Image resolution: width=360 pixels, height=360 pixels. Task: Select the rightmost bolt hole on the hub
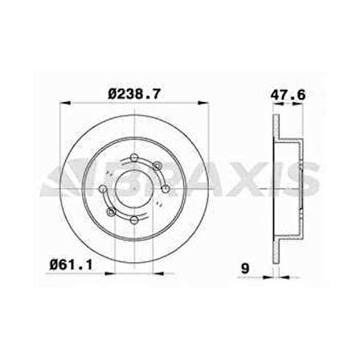point(166,190)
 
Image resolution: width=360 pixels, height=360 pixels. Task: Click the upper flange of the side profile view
point(276,129)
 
